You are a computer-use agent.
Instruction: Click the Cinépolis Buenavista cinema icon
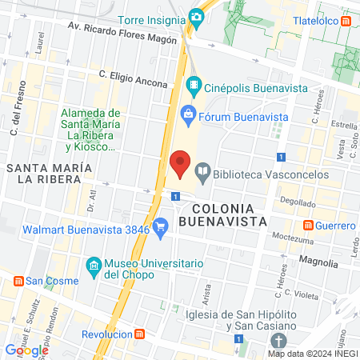[193, 84]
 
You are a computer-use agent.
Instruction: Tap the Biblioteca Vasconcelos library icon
[203, 170]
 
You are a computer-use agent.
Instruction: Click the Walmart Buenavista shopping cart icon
[160, 226]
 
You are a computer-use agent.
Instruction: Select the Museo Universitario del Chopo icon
[94, 265]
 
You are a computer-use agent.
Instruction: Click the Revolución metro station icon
[140, 334]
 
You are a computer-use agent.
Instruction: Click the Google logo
[27, 349]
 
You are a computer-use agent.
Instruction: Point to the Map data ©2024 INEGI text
[311, 353]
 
